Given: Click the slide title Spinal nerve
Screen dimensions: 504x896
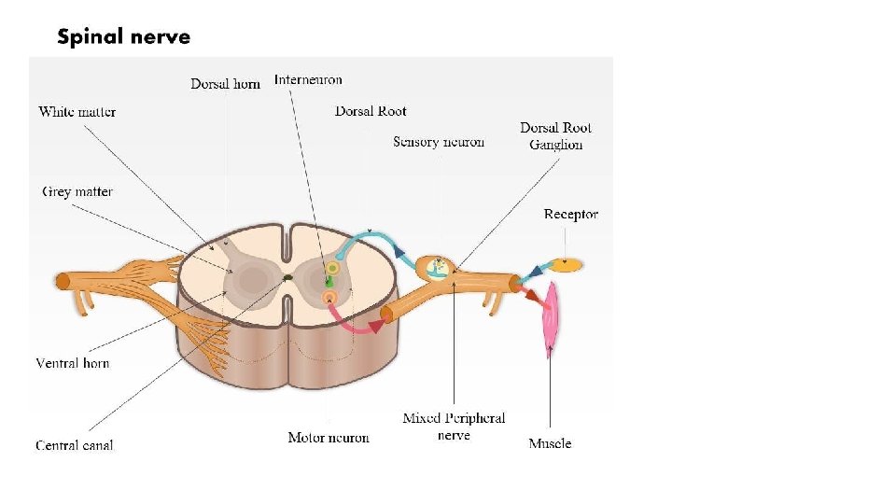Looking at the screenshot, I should (x=123, y=37).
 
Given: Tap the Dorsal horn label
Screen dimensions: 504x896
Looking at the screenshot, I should (x=225, y=84).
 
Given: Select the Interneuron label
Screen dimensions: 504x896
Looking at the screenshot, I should (x=308, y=79).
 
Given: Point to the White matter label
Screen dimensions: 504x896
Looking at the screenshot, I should (x=77, y=112).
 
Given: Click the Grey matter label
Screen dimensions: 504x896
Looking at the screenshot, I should (x=77, y=191).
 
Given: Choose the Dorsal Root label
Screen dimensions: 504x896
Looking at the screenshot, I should (x=371, y=111).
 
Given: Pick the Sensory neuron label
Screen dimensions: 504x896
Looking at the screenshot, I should (x=439, y=142).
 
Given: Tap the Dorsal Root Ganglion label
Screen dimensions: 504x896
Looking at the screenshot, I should (x=555, y=135).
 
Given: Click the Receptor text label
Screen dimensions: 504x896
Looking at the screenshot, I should (x=570, y=214).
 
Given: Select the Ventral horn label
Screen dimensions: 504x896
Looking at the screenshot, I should (x=73, y=362).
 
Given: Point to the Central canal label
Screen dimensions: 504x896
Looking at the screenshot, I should (x=75, y=445).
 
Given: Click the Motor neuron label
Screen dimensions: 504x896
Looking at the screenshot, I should (x=329, y=437).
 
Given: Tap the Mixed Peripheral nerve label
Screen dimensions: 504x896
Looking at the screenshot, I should (x=454, y=427).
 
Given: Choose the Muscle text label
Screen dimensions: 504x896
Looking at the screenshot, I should (x=550, y=443).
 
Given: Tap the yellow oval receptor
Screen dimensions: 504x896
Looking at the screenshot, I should (x=566, y=265).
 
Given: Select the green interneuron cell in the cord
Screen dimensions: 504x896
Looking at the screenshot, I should (x=329, y=280).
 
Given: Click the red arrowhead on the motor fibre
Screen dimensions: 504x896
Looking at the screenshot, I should (x=377, y=325).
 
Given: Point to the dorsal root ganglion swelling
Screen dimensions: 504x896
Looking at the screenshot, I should (x=436, y=268).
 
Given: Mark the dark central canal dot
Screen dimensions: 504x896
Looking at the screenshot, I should (x=288, y=277).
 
